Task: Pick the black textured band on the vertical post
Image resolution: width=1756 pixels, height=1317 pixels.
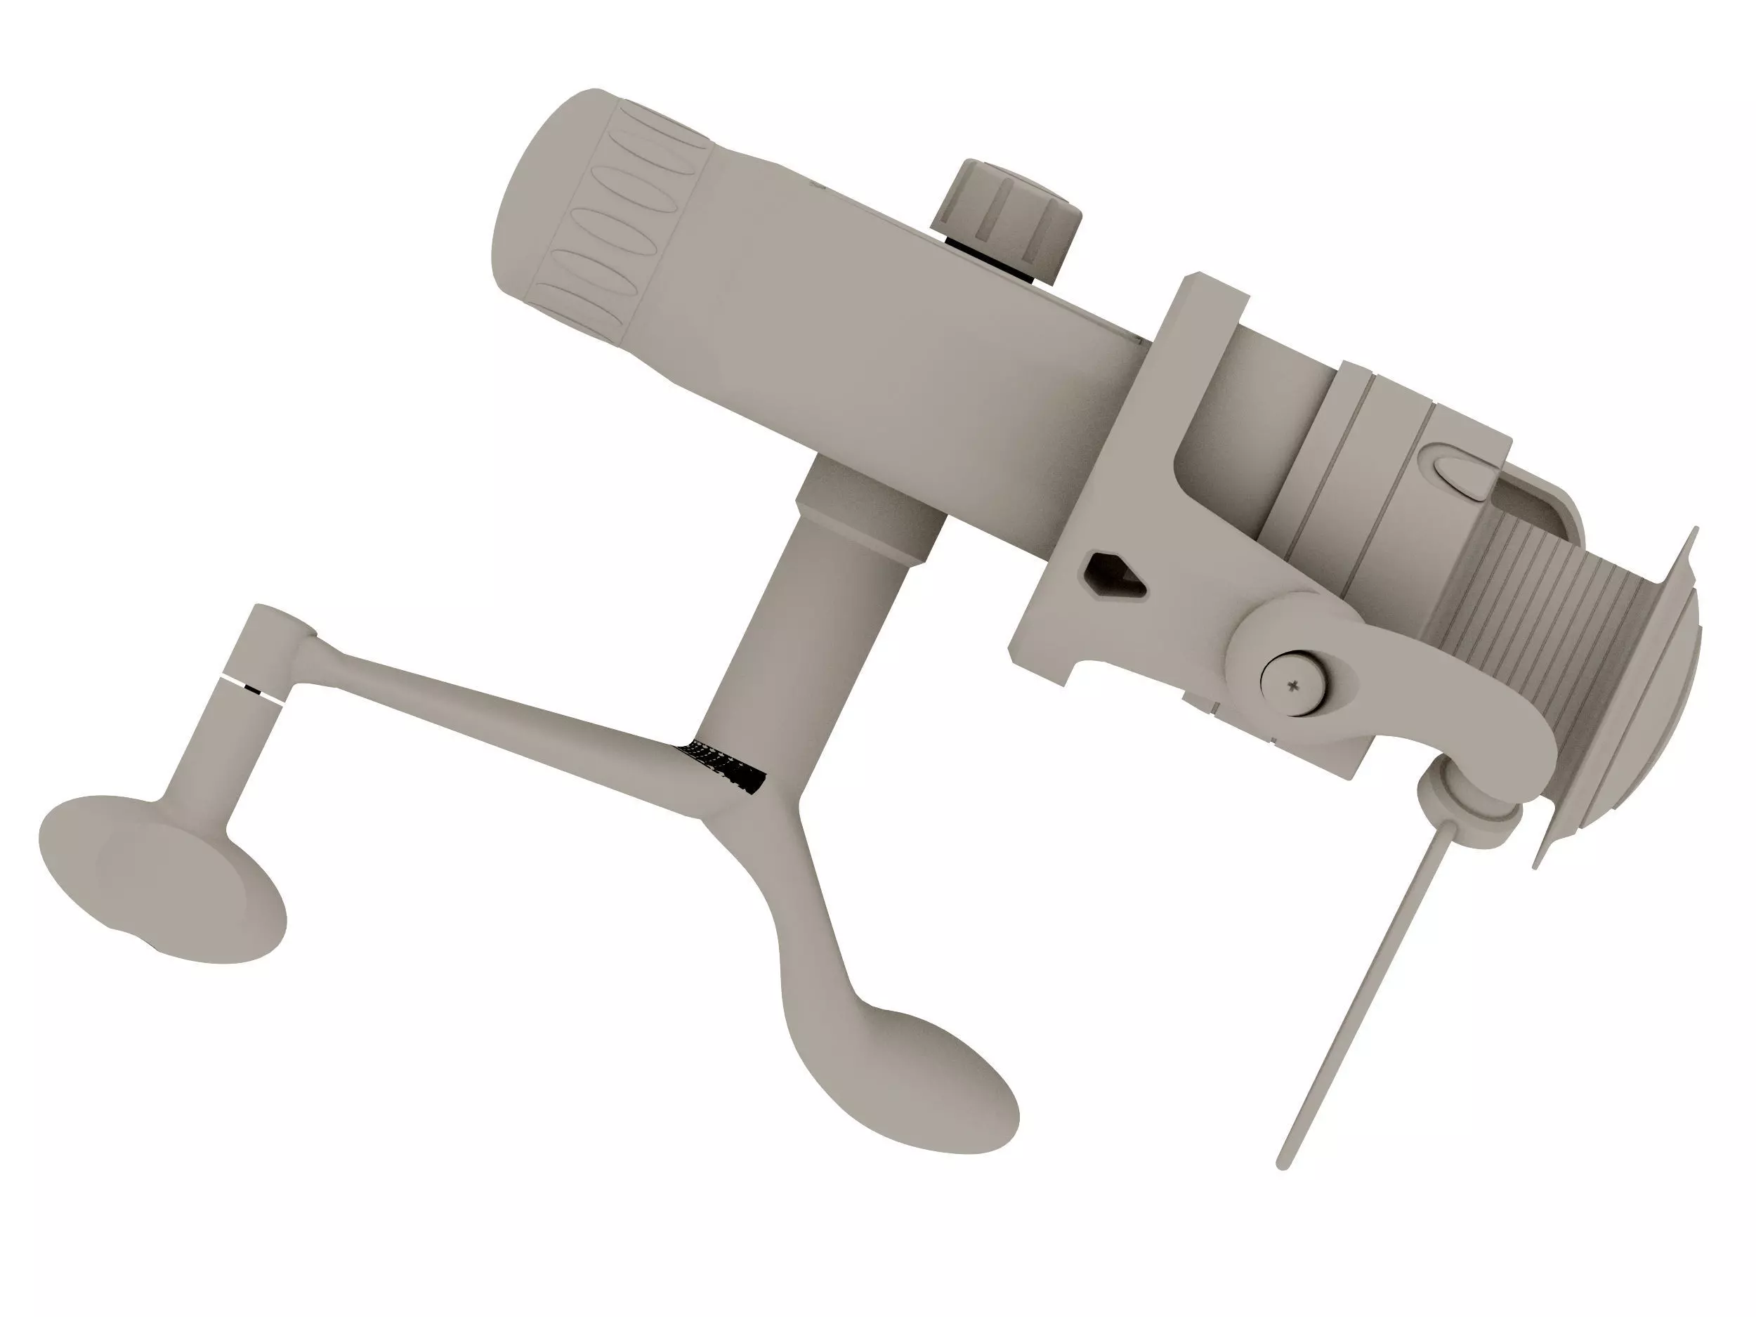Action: point(722,766)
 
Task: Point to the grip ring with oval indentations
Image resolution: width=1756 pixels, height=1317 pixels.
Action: point(611,222)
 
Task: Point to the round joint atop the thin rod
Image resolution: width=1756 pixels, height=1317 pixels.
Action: point(1469,813)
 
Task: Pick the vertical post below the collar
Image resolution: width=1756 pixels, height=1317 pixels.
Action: point(794,651)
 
